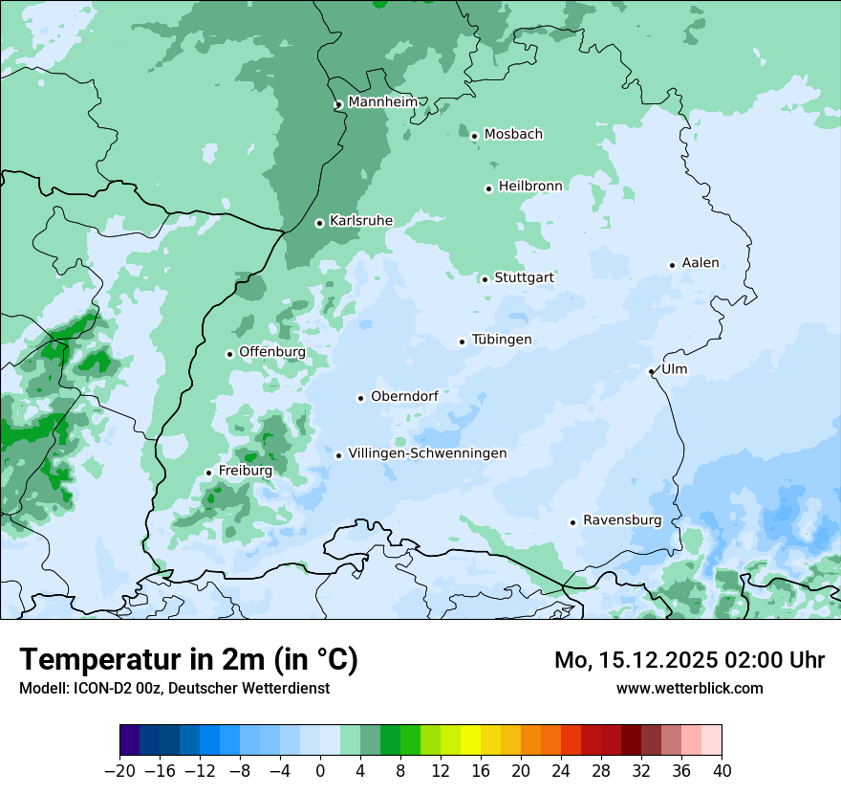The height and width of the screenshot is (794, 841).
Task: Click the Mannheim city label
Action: point(382,102)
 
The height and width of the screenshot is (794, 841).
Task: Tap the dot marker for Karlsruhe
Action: point(320,223)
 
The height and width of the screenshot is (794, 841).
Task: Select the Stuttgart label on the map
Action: point(524,277)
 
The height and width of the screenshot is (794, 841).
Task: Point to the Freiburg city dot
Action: point(208,473)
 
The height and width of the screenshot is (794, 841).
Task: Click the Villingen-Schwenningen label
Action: point(427,453)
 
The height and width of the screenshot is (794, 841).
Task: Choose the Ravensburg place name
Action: point(622,520)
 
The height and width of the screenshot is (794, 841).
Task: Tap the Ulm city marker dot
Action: point(652,371)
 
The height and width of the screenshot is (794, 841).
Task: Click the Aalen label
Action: point(701,263)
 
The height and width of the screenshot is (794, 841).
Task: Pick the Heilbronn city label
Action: point(530,186)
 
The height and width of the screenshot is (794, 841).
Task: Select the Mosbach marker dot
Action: point(474,136)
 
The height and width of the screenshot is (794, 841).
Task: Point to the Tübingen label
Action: point(502,340)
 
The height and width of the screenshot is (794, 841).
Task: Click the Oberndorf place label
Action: point(404,396)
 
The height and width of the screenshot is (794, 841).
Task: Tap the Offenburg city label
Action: point(272,352)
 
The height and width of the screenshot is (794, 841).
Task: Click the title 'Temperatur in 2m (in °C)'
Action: point(188,660)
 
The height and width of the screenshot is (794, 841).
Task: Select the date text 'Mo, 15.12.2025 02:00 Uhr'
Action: point(689,660)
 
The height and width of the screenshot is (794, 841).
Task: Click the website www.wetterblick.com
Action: point(689,688)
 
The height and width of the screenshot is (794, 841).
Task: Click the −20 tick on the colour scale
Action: point(119,771)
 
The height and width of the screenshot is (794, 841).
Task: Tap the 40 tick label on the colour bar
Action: point(722,771)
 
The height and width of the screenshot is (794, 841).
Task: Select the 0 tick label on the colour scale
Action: point(320,771)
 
